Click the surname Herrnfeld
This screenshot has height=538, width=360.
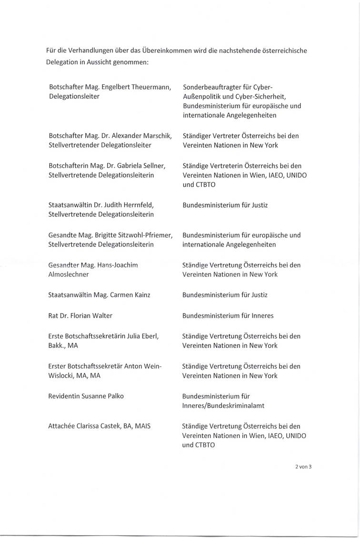click(x=138, y=205)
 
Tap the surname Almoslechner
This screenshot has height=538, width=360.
click(x=69, y=274)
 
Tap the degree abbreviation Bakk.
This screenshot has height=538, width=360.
click(x=57, y=345)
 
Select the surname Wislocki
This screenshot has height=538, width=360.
click(x=62, y=376)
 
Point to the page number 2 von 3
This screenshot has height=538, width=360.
click(x=303, y=467)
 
